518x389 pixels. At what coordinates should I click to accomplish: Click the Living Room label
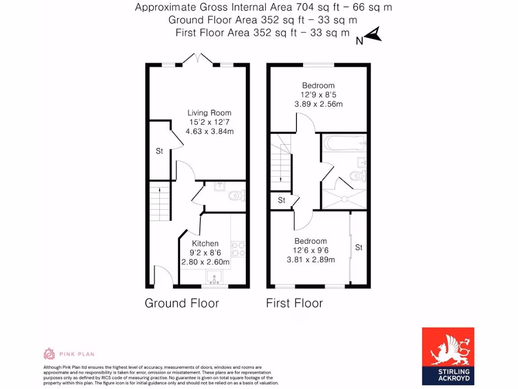click(x=209, y=113)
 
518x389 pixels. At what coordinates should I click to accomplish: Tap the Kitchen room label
click(x=205, y=244)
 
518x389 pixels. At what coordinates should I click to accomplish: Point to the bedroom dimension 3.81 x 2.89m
click(x=311, y=260)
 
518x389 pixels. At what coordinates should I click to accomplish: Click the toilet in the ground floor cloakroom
click(x=237, y=196)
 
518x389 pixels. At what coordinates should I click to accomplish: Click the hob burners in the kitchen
click(x=238, y=250)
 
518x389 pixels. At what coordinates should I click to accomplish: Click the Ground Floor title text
click(x=182, y=303)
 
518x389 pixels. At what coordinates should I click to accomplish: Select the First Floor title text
click(x=294, y=303)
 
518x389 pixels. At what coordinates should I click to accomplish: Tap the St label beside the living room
click(x=159, y=151)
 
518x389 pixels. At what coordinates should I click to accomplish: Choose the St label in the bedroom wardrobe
click(x=359, y=248)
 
